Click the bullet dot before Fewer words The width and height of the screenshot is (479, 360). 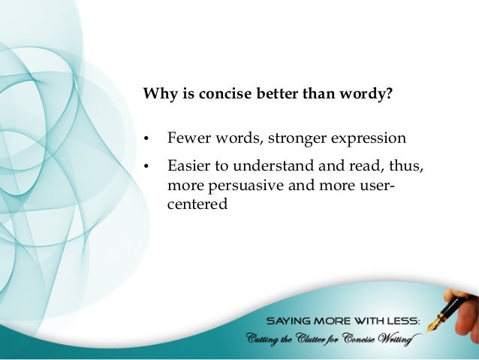pos(147,140)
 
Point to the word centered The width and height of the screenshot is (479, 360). pos(197,202)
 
